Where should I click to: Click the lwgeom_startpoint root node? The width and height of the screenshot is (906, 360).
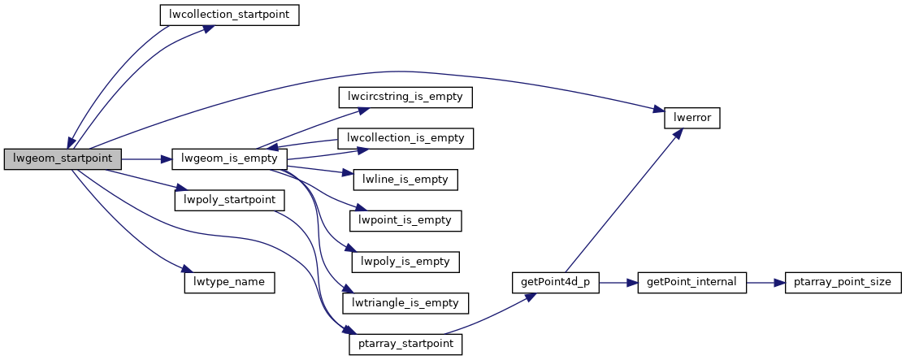click(63, 159)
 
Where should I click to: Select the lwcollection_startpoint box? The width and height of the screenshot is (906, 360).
click(228, 15)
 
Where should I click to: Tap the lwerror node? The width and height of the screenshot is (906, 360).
click(692, 117)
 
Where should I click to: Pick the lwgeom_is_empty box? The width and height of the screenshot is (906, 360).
click(229, 159)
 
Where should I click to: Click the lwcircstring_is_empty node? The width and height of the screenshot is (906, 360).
click(405, 97)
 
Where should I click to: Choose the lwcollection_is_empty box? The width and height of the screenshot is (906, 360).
click(405, 138)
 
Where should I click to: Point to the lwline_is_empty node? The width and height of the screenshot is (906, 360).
click(405, 179)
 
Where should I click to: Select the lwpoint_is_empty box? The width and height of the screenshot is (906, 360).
click(405, 220)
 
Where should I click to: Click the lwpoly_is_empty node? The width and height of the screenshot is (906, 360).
click(405, 262)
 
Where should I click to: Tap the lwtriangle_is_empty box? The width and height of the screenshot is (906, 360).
click(405, 303)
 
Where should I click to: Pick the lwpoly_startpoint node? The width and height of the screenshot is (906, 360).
click(229, 200)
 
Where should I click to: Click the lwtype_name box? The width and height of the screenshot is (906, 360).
click(229, 282)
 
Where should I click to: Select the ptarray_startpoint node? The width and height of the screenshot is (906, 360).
click(405, 345)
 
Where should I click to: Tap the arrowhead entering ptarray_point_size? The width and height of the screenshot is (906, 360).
click(779, 282)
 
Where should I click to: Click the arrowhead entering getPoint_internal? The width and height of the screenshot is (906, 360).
click(634, 282)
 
